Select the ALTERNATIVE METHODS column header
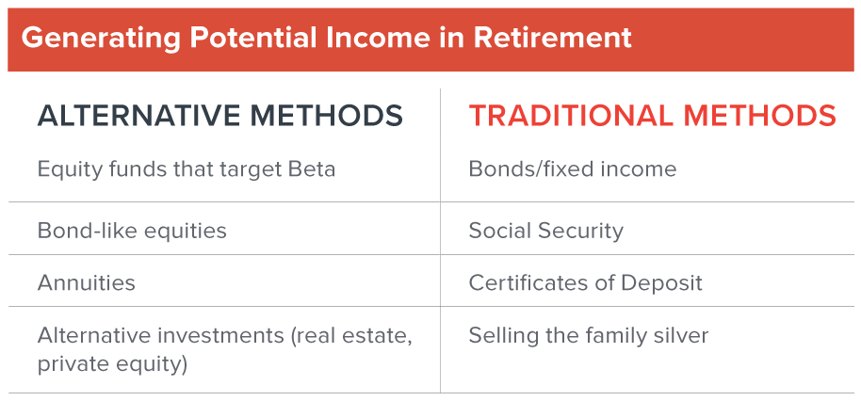[x=220, y=116]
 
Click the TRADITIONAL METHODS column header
[x=652, y=116]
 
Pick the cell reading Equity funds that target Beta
[x=187, y=168]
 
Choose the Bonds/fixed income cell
[x=573, y=168]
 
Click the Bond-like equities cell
[x=132, y=231]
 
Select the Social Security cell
[x=546, y=231]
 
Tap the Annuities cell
[x=87, y=283]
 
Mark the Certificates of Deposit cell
[x=585, y=283]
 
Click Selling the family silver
[x=589, y=336]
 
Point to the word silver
[x=683, y=336]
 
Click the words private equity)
[x=112, y=364]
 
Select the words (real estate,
[x=351, y=336]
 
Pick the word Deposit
[x=661, y=283]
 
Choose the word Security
[x=581, y=231]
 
